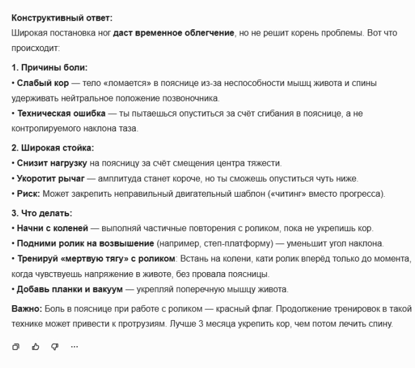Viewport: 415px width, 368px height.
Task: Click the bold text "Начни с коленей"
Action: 50,228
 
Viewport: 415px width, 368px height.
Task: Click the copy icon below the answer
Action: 16,346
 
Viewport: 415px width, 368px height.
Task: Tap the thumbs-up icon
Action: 36,346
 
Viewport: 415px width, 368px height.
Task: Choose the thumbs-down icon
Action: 55,346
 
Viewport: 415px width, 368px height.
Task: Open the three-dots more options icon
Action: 74,346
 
